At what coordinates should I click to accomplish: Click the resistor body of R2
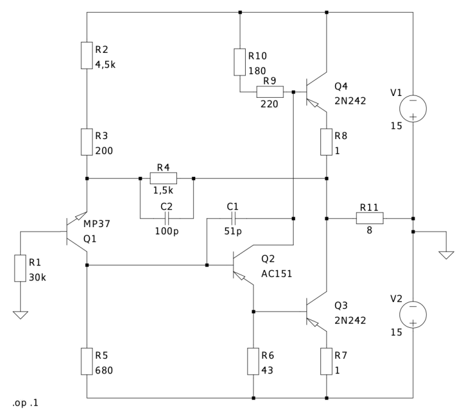point(88,54)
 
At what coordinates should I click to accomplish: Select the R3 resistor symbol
point(88,142)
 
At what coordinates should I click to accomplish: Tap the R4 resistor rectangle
point(163,178)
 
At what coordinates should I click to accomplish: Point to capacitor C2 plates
point(166,217)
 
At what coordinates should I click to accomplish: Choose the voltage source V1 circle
point(413,108)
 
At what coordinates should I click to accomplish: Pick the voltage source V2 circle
point(413,315)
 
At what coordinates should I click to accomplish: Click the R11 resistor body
point(371,217)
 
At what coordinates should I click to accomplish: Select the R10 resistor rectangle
point(240,62)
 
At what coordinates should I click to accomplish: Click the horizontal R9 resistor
point(269,92)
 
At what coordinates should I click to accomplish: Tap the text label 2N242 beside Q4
point(350,101)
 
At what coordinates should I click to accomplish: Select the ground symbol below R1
point(20,315)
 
